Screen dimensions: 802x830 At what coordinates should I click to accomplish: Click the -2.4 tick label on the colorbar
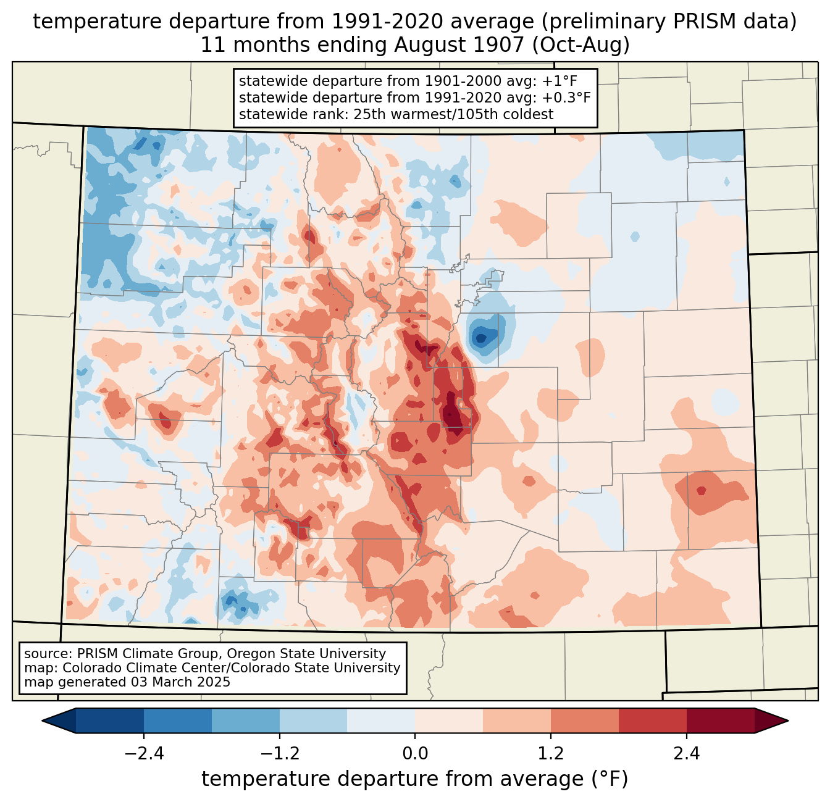(x=143, y=754)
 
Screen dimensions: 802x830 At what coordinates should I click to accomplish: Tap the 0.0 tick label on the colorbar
(x=415, y=754)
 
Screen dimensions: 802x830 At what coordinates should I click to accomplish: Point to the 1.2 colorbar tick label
(x=551, y=754)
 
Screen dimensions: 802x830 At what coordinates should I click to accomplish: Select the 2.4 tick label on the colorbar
(x=686, y=754)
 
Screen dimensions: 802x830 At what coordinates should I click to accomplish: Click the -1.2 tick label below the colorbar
(x=279, y=754)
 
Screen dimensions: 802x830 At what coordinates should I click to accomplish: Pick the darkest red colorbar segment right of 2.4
(x=720, y=721)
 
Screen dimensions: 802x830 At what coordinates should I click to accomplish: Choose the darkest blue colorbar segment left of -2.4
(x=110, y=721)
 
